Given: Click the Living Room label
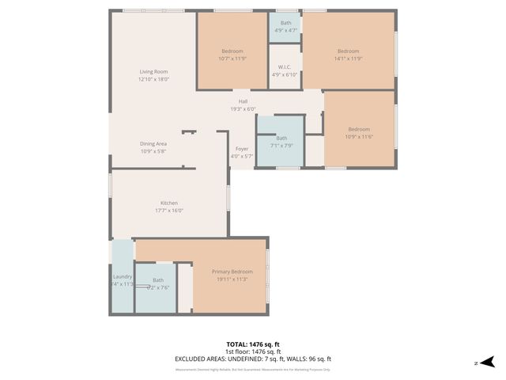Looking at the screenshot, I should click(x=154, y=72).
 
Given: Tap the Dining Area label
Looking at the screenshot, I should click(x=153, y=143).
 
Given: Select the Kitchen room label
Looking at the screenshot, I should click(x=169, y=203).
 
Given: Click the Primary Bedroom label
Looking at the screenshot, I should click(x=232, y=272).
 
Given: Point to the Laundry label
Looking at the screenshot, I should click(x=123, y=277).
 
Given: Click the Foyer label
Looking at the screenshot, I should click(x=242, y=149).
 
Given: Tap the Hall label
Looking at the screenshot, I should click(x=243, y=101).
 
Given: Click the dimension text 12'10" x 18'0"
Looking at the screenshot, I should click(x=154, y=79).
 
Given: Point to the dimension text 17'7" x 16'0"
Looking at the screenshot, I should click(x=169, y=211).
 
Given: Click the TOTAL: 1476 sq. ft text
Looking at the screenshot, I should click(x=252, y=344).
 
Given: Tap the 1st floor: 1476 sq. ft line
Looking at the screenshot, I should click(x=252, y=351).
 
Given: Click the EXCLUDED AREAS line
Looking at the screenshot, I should click(x=252, y=359).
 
